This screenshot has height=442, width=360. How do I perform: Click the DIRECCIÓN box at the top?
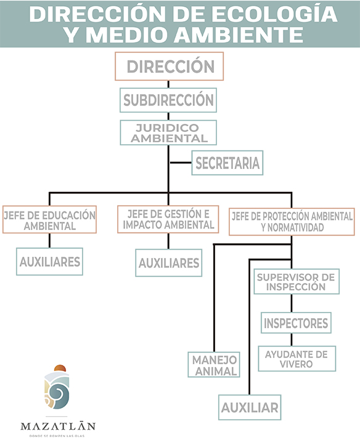(x=169, y=66)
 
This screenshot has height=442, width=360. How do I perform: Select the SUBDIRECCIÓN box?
(x=168, y=100)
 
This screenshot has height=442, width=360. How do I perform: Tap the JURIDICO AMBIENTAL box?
(x=168, y=133)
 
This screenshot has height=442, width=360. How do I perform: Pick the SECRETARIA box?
(x=227, y=163)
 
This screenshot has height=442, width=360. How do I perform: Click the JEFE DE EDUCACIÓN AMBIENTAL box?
(x=49, y=219)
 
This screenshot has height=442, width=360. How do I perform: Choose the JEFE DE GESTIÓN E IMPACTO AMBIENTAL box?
(x=168, y=219)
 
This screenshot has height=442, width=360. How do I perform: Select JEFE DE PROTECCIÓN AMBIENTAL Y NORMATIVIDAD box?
(x=292, y=222)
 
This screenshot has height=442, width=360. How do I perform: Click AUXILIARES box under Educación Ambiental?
(x=49, y=261)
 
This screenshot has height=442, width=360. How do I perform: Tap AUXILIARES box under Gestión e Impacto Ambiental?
(x=169, y=263)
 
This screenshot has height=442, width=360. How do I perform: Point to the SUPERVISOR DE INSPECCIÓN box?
(x=297, y=282)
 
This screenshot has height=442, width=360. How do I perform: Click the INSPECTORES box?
(x=296, y=323)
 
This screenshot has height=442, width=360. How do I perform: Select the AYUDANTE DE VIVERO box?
(x=297, y=359)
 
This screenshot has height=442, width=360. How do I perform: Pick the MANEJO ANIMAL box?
(x=214, y=365)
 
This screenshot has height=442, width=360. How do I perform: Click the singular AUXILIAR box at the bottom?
(x=250, y=407)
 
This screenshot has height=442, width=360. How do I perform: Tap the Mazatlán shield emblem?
(x=57, y=387)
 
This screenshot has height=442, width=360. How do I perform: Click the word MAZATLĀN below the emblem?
(x=58, y=426)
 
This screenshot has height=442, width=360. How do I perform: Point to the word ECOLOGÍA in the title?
(x=274, y=14)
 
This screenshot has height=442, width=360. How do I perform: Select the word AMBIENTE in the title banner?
(x=239, y=35)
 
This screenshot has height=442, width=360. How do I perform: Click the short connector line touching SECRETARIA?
(x=181, y=163)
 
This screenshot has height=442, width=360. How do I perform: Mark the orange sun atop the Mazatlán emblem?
(x=60, y=368)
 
